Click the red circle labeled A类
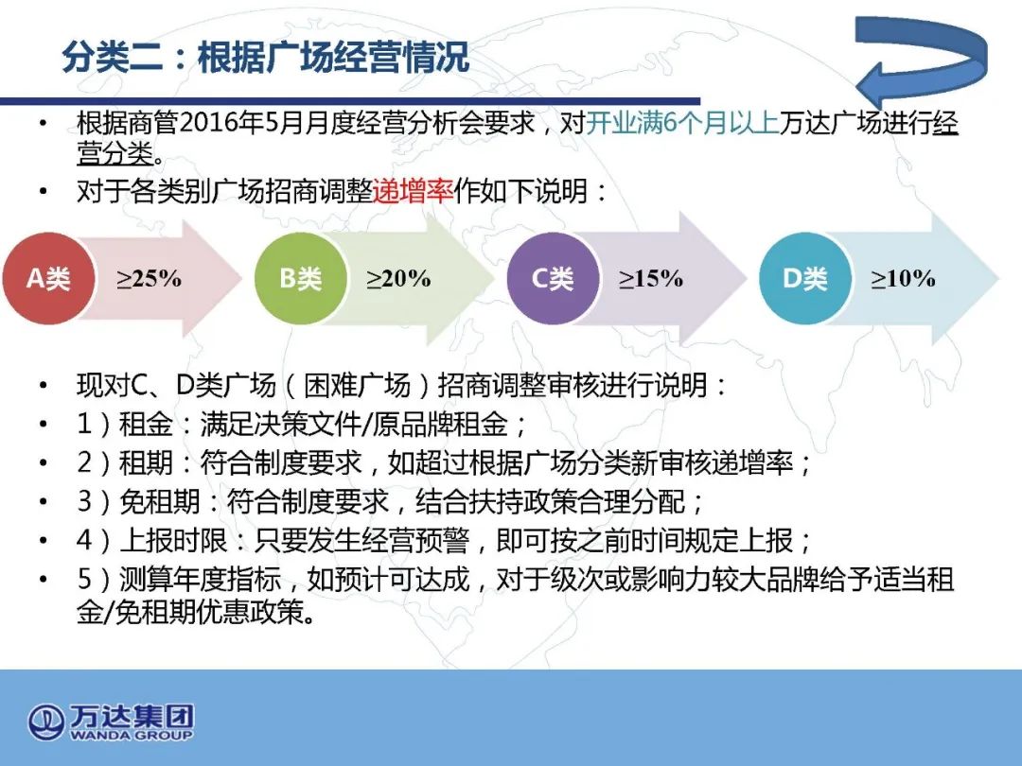pyautogui.click(x=49, y=278)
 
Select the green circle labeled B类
pyautogui.click(x=301, y=278)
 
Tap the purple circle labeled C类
pyautogui.click(x=553, y=278)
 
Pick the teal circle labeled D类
pyautogui.click(x=805, y=278)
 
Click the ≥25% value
pyautogui.click(x=150, y=279)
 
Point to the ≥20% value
pyautogui.click(x=399, y=279)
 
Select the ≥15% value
pyautogui.click(x=651, y=279)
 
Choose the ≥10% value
pyautogui.click(x=904, y=279)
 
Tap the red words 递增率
pyautogui.click(x=414, y=191)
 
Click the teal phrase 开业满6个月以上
pyautogui.click(x=682, y=122)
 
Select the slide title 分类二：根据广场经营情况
pyautogui.click(x=265, y=58)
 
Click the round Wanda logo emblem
pyautogui.click(x=45, y=722)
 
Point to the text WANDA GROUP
pyautogui.click(x=132, y=736)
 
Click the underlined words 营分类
pyautogui.click(x=115, y=154)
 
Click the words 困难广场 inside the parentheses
pyautogui.click(x=357, y=385)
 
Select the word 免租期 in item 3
pyautogui.click(x=160, y=501)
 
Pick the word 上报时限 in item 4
pyautogui.click(x=173, y=540)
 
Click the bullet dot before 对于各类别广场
pyautogui.click(x=44, y=191)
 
